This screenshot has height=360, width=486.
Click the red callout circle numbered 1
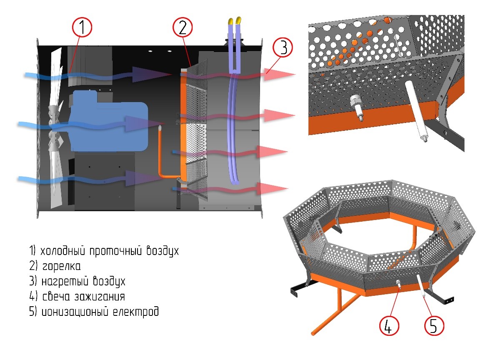coord(82,27)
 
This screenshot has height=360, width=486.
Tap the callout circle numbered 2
coord(183,27)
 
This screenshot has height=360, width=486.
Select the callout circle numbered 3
coord(283,47)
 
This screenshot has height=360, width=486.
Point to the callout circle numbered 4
coord(389,325)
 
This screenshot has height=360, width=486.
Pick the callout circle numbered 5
coord(434,325)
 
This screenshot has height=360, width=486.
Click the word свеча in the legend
coord(56,297)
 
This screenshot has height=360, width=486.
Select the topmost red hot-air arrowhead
coord(279,74)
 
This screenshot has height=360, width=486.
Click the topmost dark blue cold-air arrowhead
coord(152,74)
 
